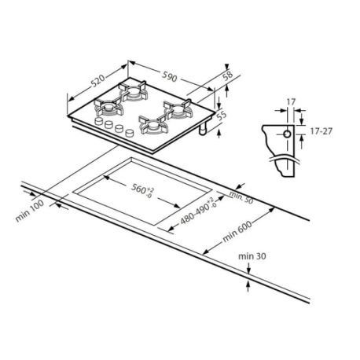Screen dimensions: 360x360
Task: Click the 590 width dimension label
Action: (x=170, y=76)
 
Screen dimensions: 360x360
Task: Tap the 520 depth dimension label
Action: (x=98, y=81)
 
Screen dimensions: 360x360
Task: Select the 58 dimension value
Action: (x=228, y=75)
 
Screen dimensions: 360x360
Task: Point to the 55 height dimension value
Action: (x=222, y=116)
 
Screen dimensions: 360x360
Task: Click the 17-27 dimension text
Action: (x=321, y=131)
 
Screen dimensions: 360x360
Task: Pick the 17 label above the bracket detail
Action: (x=291, y=101)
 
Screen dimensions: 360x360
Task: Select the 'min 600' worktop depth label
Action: (x=237, y=232)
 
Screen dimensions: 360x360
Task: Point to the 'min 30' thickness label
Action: (x=252, y=256)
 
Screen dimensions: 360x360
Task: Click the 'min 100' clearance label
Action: (x=30, y=211)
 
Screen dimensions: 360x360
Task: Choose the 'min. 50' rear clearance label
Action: (x=241, y=197)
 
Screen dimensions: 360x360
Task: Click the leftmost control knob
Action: (x=99, y=121)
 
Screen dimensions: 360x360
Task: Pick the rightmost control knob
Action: (x=130, y=133)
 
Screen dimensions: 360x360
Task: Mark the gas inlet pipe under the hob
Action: (x=203, y=129)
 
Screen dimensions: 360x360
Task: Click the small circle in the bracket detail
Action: (x=287, y=134)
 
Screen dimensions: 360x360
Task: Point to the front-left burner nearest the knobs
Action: (x=108, y=108)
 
